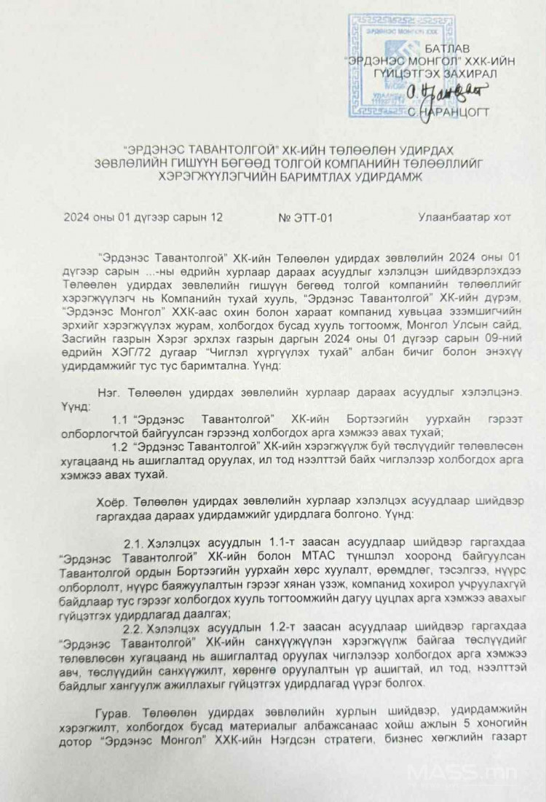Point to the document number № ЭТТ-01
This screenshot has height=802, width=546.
point(305,216)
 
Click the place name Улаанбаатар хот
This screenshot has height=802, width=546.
point(464,216)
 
